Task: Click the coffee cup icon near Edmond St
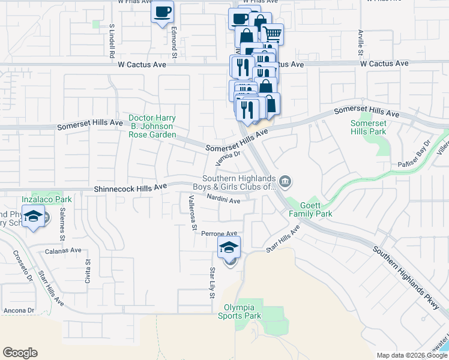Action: (x=162, y=12)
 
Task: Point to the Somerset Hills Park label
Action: (x=368, y=127)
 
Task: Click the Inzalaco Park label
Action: (x=47, y=199)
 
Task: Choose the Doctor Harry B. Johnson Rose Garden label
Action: (x=152, y=127)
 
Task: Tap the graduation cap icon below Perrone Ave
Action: (x=229, y=247)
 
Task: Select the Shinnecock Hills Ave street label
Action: (x=130, y=188)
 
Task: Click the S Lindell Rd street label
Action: (x=112, y=41)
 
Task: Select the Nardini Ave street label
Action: (x=223, y=199)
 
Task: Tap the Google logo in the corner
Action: (x=20, y=353)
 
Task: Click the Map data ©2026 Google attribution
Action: (x=412, y=355)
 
